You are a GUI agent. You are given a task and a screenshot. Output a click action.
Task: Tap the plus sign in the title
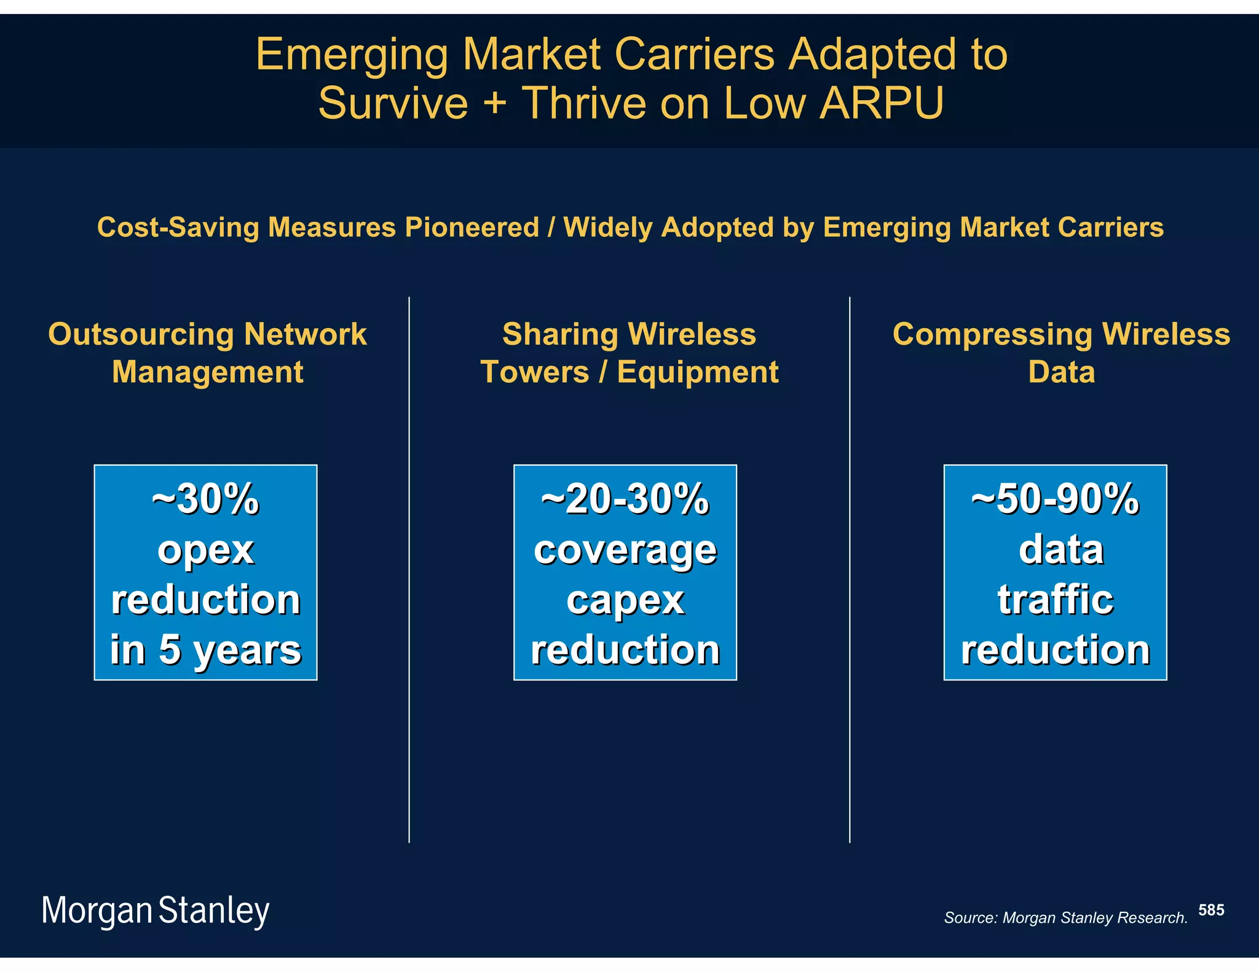coord(495,103)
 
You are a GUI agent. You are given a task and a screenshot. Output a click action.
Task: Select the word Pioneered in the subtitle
coord(472,227)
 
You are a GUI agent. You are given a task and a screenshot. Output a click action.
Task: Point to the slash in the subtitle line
coord(551,227)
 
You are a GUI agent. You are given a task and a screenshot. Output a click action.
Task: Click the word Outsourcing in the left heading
coord(141,335)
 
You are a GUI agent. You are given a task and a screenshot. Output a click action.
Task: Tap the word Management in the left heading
coord(208,372)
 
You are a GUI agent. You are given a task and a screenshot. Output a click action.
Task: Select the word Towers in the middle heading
coord(534,372)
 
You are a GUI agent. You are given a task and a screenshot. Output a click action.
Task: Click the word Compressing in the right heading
coord(992,335)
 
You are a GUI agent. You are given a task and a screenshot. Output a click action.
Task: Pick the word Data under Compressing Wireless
coord(1061,372)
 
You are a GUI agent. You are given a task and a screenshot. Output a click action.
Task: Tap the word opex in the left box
coord(205,550)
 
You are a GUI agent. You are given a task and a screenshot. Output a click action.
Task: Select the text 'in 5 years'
coord(205,650)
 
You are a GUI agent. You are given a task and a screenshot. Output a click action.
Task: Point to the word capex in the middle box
coord(625,600)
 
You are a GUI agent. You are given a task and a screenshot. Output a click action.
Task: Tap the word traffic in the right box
coord(1055,600)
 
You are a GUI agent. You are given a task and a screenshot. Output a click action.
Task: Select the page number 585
coord(1211,910)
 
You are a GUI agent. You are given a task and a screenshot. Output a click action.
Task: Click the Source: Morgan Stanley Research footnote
coord(1065,918)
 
